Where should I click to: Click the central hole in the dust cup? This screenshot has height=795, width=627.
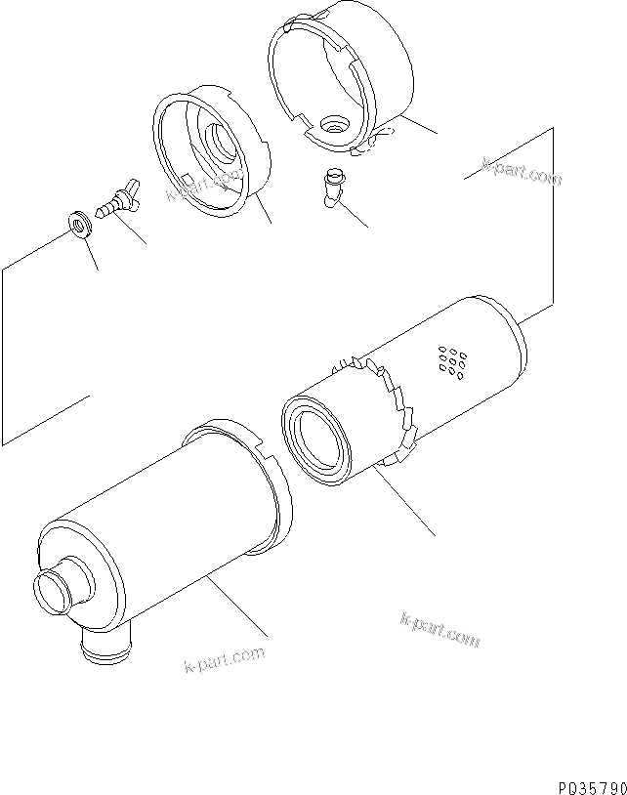tap(336, 125)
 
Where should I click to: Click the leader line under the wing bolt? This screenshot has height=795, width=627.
tap(131, 229)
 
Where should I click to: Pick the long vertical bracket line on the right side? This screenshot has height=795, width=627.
tap(555, 215)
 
